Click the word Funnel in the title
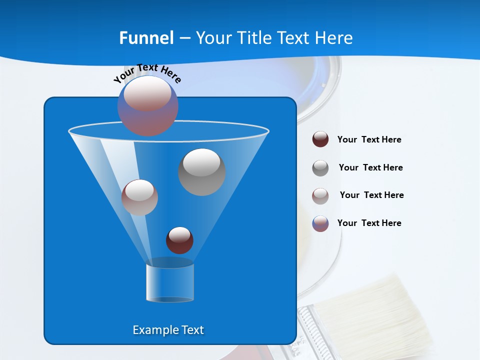pos(146,38)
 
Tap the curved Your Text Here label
pos(147,73)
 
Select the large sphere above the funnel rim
pos(147,105)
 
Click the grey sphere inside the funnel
pos(202,172)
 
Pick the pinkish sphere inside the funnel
pos(139,197)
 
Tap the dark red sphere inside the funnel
pos(179,240)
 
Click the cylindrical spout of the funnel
pos(170,282)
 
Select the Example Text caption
pos(168,330)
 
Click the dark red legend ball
pos(320,139)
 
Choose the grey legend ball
pos(320,168)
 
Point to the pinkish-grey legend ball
pos(320,196)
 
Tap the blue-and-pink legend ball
pos(320,223)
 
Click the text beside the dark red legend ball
pos(369,140)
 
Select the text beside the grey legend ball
pos(370,168)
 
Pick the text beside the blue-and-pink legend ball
pos(369,223)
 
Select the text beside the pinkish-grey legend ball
pos(371,195)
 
